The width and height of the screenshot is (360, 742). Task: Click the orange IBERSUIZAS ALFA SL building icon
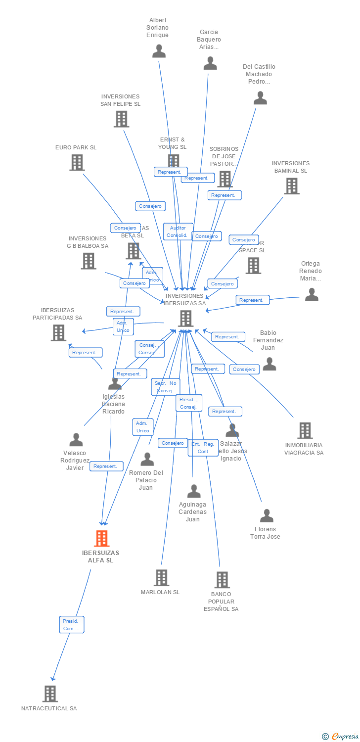(x=101, y=538)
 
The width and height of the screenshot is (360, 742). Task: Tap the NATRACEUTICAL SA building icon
(x=50, y=694)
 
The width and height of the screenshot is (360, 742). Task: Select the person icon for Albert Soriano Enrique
(x=159, y=51)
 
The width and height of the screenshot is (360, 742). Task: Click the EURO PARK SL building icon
(x=77, y=162)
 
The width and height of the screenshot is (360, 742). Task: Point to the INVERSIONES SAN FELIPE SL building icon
(x=121, y=119)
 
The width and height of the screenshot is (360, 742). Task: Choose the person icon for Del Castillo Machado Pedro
(x=260, y=98)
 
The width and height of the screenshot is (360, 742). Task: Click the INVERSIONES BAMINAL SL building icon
(x=292, y=185)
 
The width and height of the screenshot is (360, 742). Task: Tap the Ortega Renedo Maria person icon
(x=312, y=294)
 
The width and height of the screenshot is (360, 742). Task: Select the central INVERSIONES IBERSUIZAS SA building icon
(x=185, y=318)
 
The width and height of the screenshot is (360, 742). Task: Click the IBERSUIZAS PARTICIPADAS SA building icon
(x=58, y=332)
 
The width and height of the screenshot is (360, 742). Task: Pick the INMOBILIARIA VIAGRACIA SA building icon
(x=305, y=430)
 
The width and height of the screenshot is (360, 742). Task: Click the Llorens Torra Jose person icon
(x=267, y=515)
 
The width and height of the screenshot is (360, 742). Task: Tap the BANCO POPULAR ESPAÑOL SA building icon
(x=222, y=580)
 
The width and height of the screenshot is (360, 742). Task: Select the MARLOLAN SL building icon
(x=161, y=577)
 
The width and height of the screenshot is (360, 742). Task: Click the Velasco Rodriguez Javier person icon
(x=76, y=439)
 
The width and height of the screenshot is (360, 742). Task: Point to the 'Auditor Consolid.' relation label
(x=178, y=232)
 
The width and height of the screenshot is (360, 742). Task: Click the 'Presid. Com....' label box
(x=72, y=624)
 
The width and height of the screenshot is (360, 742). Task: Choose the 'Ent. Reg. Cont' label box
(x=203, y=448)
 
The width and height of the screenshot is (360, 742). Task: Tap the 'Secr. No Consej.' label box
(x=166, y=387)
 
